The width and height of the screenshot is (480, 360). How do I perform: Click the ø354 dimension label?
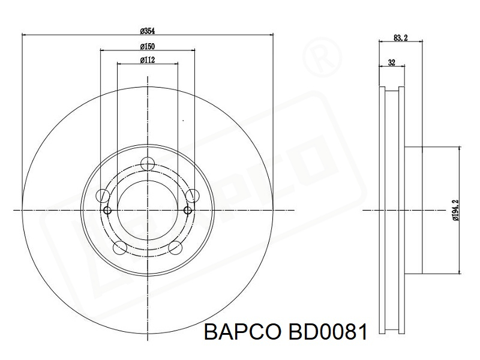[147, 31]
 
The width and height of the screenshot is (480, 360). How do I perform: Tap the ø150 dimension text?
[147, 47]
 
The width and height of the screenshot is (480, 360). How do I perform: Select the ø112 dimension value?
[148, 60]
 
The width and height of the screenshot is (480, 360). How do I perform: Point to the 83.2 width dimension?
[400, 38]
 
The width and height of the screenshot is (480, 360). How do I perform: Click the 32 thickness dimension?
[392, 63]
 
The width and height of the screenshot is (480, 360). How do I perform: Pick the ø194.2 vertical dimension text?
[455, 210]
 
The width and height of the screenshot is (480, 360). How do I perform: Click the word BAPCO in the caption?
[242, 332]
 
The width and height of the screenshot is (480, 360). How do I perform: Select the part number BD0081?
[327, 332]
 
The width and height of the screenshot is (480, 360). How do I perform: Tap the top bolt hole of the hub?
[148, 164]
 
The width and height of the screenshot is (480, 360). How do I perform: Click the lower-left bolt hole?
[119, 248]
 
